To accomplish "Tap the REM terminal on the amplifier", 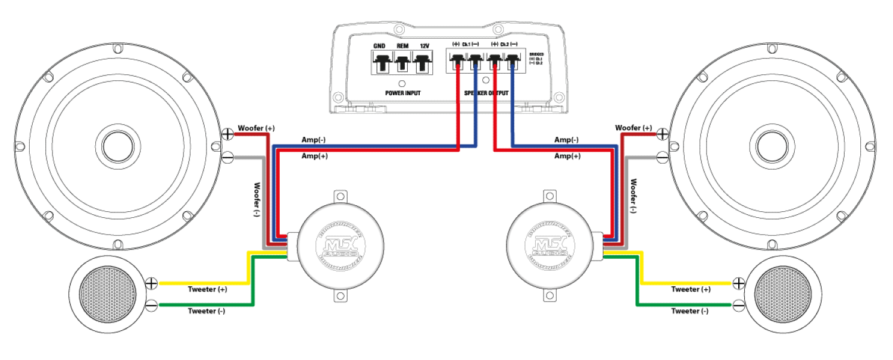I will pos(402,62).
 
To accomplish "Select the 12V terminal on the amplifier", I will pos(423,62).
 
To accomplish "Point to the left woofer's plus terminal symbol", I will pos(228,134).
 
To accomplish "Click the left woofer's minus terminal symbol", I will pos(228,158).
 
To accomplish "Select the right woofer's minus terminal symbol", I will pos(663,158).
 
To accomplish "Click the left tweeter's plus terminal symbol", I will pos(151,283).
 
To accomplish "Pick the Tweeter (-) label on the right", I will pos(689,311).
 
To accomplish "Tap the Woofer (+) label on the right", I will pos(633,128).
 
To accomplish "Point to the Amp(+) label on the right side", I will pos(566,156).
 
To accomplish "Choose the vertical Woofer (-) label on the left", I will pos(257,199).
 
